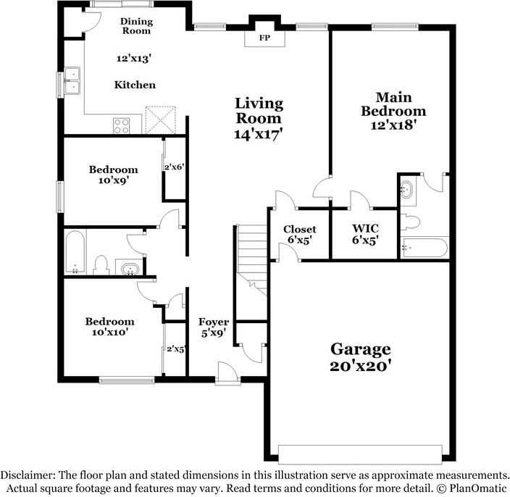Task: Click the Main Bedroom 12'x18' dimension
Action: pos(393,125)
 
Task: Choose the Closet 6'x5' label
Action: pos(299,229)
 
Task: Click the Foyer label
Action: pos(214,322)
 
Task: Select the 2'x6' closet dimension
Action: pos(174,167)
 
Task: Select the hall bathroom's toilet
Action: pos(101,262)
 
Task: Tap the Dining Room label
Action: pos(136,26)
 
